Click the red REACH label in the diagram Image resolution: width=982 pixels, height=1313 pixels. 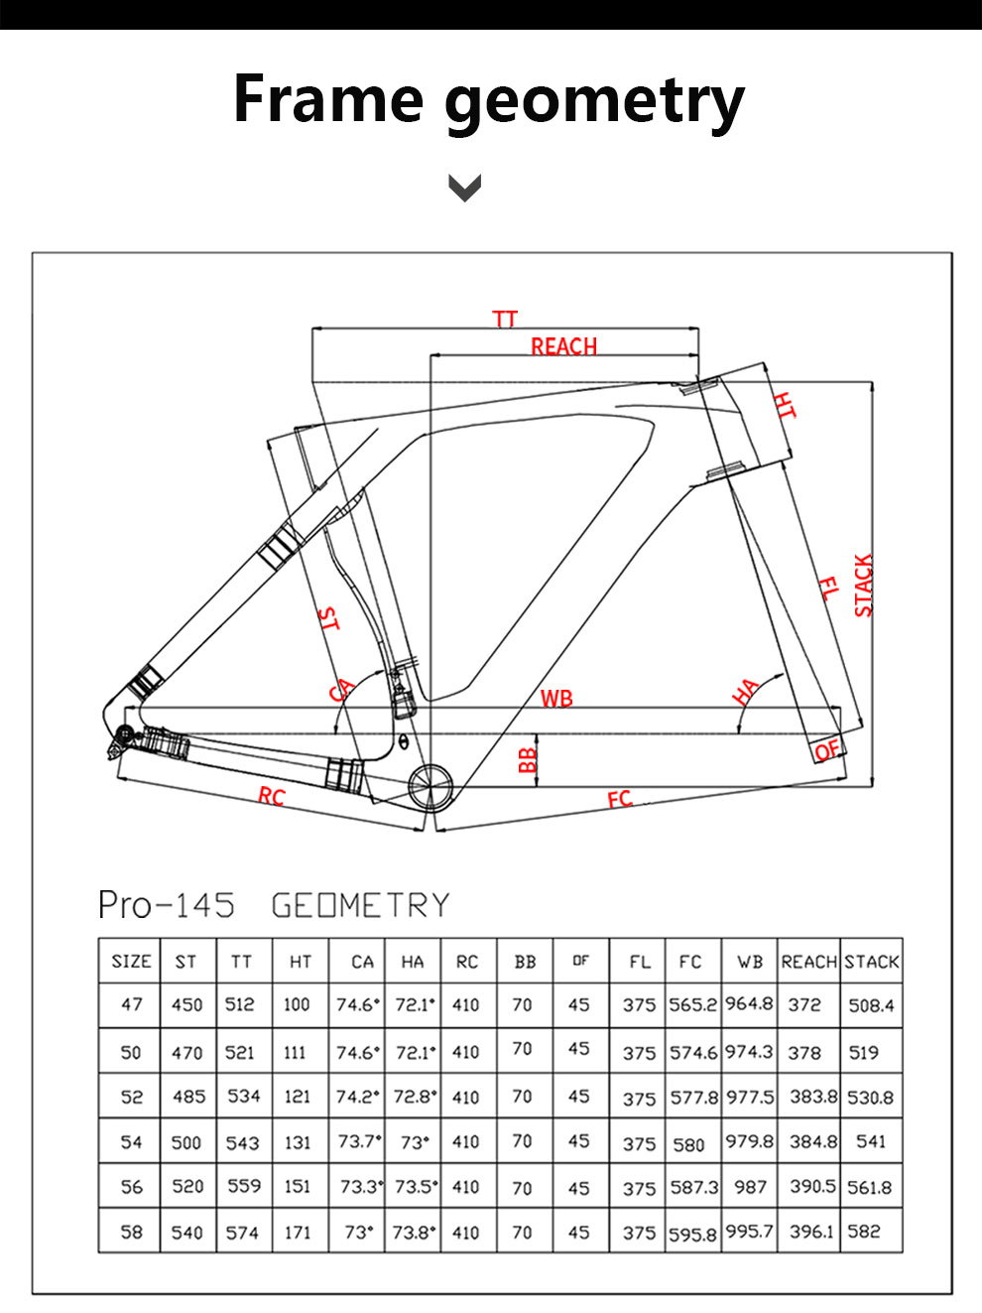[x=563, y=346]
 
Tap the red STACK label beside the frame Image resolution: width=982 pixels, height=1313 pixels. [x=863, y=586]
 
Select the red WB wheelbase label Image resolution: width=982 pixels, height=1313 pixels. [x=556, y=699]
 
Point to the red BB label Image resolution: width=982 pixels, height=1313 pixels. [x=528, y=760]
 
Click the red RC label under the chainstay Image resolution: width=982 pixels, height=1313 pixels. [x=271, y=796]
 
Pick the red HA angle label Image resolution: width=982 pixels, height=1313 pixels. [x=746, y=691]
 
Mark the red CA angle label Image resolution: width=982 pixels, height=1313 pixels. [x=342, y=690]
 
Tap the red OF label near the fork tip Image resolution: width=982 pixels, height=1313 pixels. [x=826, y=751]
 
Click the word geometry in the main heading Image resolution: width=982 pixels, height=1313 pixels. [x=593, y=102]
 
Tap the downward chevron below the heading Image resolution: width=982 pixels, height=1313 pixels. [x=464, y=188]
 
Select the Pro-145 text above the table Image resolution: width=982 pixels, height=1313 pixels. [x=167, y=905]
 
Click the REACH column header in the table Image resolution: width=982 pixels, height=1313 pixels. [x=808, y=962]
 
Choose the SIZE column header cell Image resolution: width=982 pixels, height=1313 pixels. [x=131, y=962]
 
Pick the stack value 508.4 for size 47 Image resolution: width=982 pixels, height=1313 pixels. [x=871, y=1005]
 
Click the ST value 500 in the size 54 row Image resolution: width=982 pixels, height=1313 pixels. [x=186, y=1142]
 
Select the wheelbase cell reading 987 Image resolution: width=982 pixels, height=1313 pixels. [x=750, y=1187]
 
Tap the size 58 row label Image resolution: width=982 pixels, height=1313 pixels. [x=131, y=1232]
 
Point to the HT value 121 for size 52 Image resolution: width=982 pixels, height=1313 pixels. [x=297, y=1097]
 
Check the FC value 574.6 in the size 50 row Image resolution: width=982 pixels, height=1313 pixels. [x=693, y=1052]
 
